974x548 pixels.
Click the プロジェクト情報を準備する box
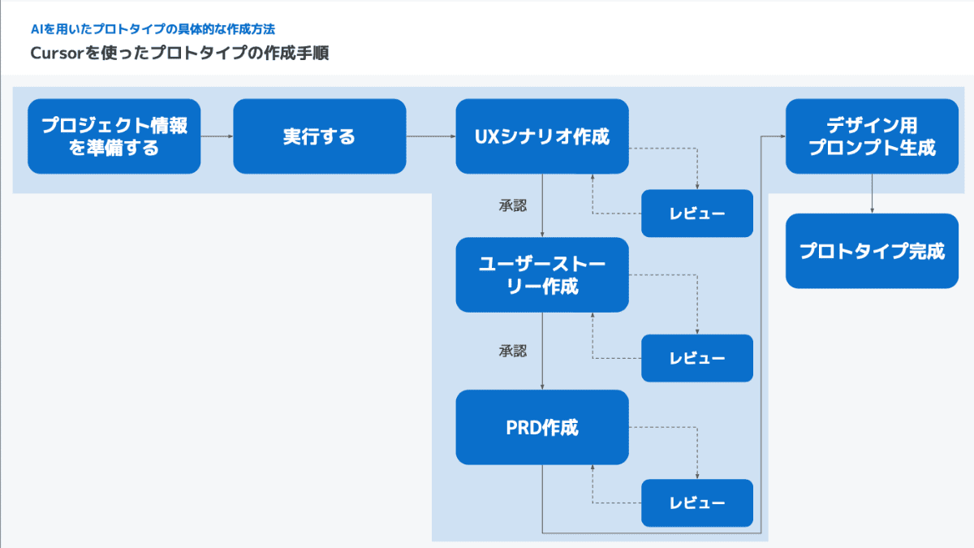(x=114, y=136)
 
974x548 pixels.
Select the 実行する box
(x=319, y=136)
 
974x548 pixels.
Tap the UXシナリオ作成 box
(x=542, y=136)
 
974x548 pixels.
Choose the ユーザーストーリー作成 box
(x=542, y=274)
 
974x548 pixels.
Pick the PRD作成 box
(x=542, y=427)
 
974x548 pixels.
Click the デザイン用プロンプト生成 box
(x=872, y=136)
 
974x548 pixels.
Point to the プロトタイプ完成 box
(x=872, y=251)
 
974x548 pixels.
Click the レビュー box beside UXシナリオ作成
(x=697, y=214)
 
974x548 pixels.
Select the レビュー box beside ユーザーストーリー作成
(x=697, y=358)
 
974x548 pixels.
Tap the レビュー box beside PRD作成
(x=697, y=503)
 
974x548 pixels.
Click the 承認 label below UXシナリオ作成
(x=513, y=205)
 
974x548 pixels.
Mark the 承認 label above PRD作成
(x=513, y=351)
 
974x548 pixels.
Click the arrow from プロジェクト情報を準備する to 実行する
(x=217, y=136)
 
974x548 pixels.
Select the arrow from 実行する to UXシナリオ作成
(x=430, y=136)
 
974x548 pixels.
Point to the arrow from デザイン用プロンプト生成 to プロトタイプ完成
(x=872, y=193)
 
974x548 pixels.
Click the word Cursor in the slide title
(x=58, y=54)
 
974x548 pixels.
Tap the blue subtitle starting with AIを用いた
(x=153, y=29)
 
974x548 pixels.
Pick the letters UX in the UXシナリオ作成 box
(x=486, y=136)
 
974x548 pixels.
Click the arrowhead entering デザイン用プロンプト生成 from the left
(x=782, y=136)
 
